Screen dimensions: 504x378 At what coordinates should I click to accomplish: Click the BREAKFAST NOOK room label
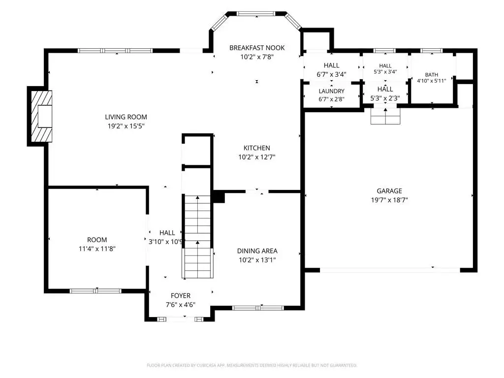[257, 48]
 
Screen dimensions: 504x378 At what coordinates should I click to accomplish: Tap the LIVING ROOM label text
[126, 117]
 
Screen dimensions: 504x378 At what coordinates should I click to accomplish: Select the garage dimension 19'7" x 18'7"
[389, 200]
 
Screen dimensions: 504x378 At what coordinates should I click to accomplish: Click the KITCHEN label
[256, 148]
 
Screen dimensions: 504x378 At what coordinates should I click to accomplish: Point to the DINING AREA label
[257, 251]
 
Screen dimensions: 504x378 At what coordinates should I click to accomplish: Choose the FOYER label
[180, 295]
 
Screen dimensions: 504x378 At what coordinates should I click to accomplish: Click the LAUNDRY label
[331, 91]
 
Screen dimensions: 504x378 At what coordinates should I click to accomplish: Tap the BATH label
[431, 75]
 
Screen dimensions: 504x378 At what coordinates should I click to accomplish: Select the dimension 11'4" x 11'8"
[97, 249]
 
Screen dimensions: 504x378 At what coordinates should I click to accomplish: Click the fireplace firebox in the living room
[45, 116]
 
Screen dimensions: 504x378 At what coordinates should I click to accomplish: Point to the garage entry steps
[385, 116]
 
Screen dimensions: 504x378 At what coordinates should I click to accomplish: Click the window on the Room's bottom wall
[95, 291]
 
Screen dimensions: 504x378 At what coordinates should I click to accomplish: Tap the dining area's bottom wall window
[258, 308]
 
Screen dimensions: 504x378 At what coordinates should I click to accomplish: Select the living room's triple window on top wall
[115, 51]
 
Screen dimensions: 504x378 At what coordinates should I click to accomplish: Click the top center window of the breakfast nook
[256, 13]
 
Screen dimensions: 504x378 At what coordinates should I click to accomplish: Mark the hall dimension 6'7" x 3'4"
[331, 74]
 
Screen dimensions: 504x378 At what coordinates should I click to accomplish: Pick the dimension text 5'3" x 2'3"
[385, 98]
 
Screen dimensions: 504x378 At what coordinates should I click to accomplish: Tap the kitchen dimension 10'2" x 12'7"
[257, 157]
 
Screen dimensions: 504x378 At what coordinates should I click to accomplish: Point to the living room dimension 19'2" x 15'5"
[126, 126]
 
